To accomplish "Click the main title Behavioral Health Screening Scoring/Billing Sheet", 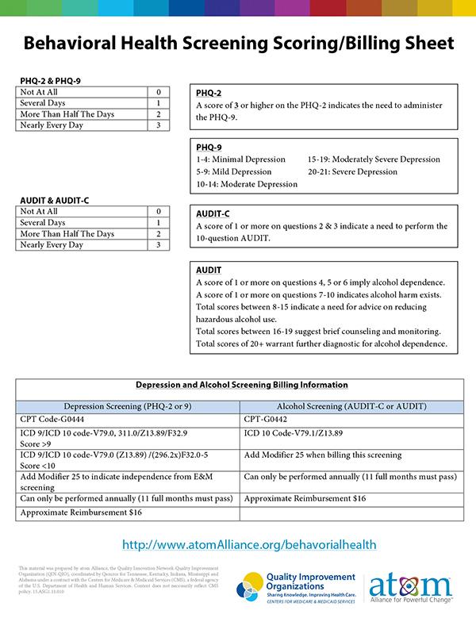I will tap(238, 42).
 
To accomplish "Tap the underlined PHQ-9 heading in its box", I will tap(209, 147).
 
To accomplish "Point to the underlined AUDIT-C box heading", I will tap(213, 213).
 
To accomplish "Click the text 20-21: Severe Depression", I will tap(352, 171).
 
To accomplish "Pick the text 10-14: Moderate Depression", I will tap(247, 184).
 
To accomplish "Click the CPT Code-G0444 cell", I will tap(54, 420).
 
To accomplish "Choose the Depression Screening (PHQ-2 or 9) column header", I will tap(127, 406).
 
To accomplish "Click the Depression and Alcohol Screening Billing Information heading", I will tap(241, 385).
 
